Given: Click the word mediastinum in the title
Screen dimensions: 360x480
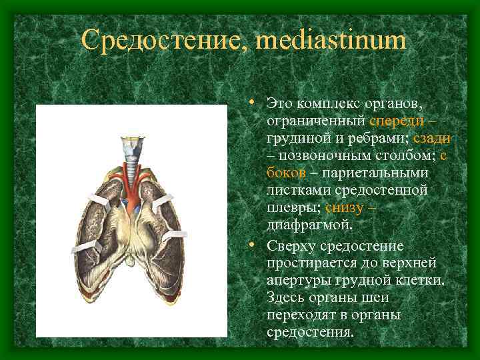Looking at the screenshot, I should (x=329, y=41).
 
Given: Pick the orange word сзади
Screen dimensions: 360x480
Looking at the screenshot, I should (x=431, y=139).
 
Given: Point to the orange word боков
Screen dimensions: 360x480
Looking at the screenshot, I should (x=286, y=173).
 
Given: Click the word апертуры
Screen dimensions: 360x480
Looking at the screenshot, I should (x=296, y=280).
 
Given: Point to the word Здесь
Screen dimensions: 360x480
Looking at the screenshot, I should (x=285, y=297).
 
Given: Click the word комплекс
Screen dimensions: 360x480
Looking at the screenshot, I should (x=325, y=104).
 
